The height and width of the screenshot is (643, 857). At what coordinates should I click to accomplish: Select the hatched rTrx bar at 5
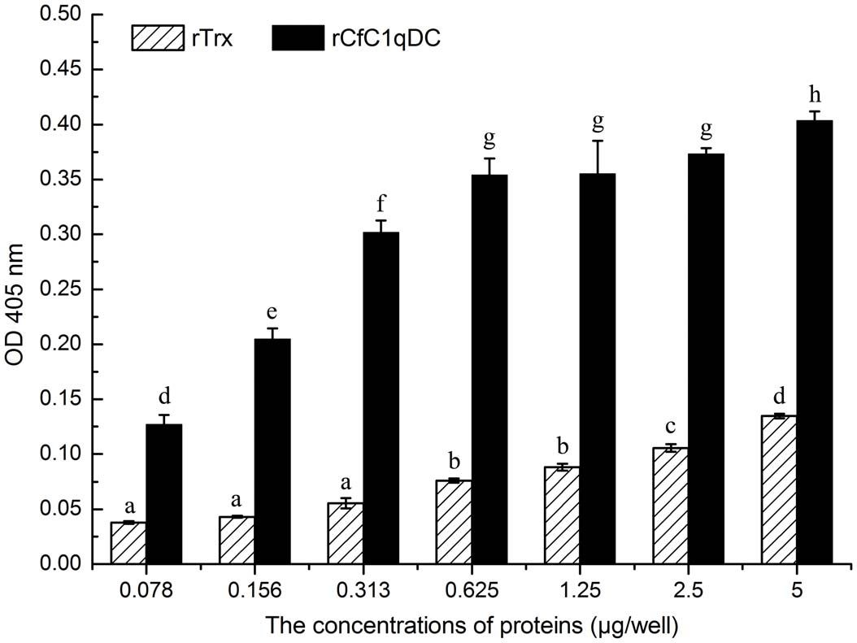[778, 490]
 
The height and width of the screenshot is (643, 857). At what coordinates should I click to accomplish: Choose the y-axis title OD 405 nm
[15, 289]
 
